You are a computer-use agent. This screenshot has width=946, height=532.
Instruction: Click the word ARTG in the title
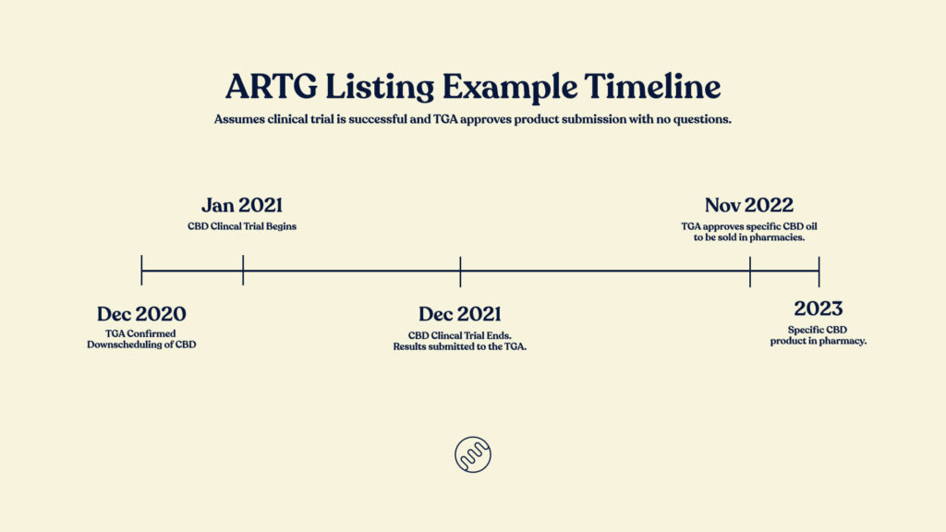point(271,86)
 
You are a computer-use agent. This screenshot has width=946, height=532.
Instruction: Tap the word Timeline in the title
point(652,86)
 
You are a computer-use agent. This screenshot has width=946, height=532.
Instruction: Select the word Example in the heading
point(510,88)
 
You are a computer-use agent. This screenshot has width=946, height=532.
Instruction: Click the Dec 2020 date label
point(141,314)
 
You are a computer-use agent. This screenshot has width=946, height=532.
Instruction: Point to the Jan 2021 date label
point(242,205)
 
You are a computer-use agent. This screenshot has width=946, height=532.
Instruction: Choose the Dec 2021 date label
point(460,314)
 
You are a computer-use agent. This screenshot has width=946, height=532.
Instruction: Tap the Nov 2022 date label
point(748,205)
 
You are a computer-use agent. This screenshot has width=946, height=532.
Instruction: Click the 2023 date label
point(819,308)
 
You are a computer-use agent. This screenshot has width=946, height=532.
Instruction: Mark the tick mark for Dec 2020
point(141,271)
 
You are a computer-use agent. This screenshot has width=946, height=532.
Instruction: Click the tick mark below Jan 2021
point(243,271)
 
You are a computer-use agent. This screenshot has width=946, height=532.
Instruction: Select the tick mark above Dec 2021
point(460,272)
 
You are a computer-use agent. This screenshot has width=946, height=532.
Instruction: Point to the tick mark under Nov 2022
point(750,272)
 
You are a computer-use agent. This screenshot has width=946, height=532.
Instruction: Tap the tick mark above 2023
point(819,272)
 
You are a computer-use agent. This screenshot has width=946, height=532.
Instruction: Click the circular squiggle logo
point(473,454)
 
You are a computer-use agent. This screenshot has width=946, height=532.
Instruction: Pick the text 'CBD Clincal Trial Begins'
point(242,227)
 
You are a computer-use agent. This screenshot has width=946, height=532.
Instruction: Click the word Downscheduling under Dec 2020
point(125,345)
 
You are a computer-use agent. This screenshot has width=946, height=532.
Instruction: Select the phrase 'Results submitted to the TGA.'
point(460,347)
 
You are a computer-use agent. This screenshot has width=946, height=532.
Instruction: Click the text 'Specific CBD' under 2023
point(818,330)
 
